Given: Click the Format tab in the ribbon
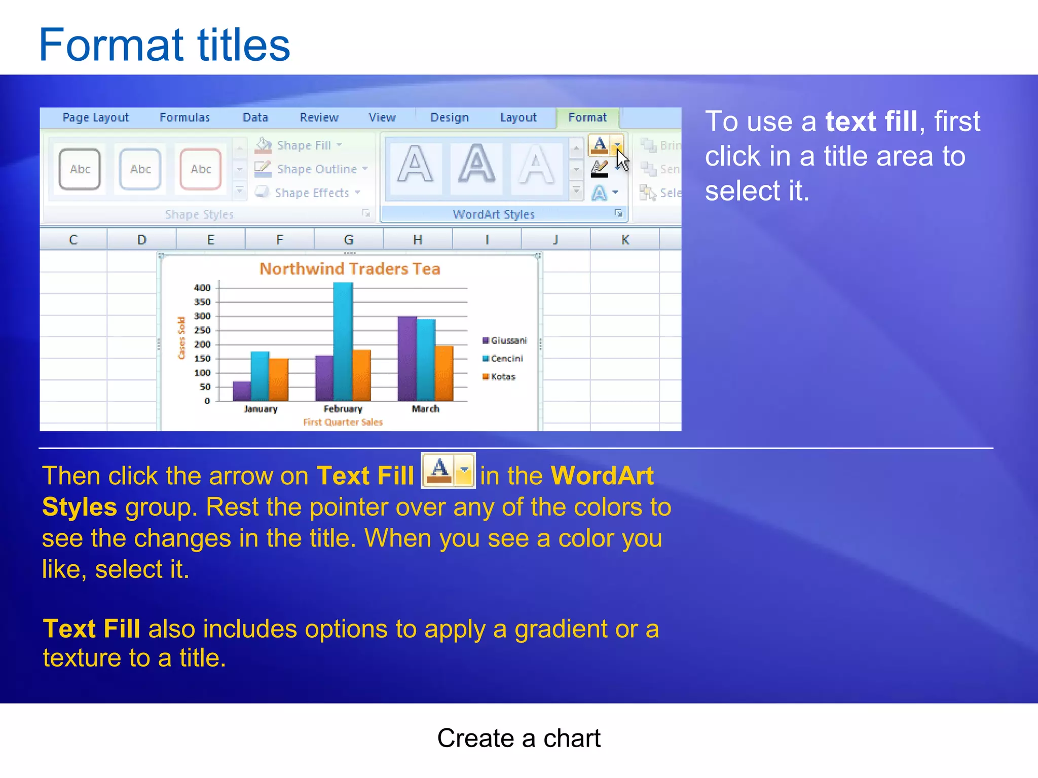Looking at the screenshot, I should (x=587, y=118).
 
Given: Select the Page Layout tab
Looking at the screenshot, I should (x=96, y=118).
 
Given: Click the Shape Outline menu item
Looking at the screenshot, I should (x=316, y=169).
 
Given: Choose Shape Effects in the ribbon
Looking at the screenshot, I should (x=311, y=193).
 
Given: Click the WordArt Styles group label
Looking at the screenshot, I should (x=493, y=214).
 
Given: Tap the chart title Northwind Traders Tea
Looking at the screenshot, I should (x=350, y=269).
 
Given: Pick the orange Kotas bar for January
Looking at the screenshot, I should (x=279, y=379).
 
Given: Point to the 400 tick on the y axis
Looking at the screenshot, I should (x=202, y=288).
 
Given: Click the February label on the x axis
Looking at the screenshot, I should (x=343, y=409).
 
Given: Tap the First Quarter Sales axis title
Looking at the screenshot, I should (x=343, y=422).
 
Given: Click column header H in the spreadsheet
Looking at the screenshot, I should (x=417, y=240).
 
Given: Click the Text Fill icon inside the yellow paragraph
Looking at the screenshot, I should (x=448, y=471).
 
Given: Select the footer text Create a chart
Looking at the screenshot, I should (x=518, y=738).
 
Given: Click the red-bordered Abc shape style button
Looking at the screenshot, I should (x=201, y=169).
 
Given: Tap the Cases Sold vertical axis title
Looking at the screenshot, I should (x=181, y=338).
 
